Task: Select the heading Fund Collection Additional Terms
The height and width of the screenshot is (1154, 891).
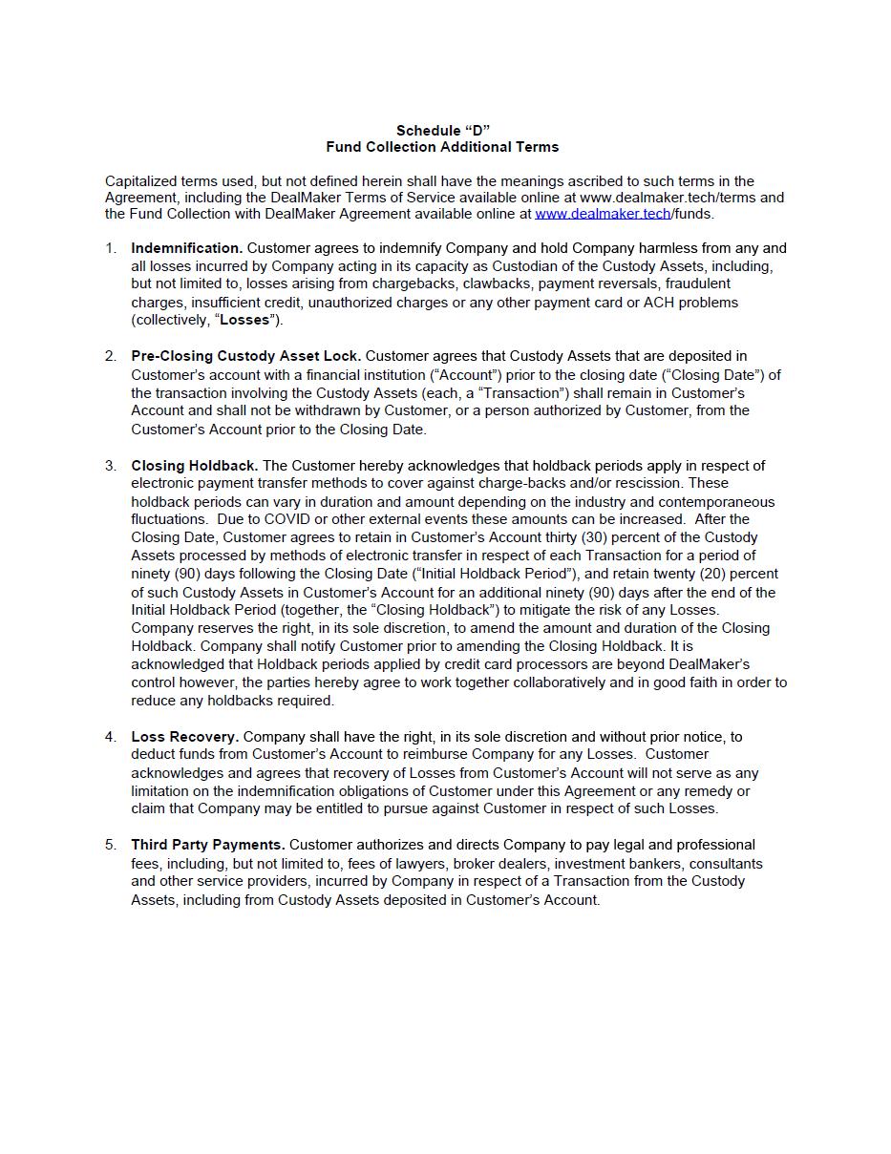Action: tap(442, 147)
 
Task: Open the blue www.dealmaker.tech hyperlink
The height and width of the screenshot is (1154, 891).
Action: tap(603, 214)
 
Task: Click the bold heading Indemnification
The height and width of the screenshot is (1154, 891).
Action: tap(187, 248)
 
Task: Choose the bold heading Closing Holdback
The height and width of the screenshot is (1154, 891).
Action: tap(195, 466)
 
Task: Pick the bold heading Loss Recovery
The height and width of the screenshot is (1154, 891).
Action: tap(185, 737)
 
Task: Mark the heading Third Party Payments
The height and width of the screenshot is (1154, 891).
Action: tap(208, 845)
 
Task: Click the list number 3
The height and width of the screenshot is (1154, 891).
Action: tap(111, 466)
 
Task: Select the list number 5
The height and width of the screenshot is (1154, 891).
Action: tap(111, 845)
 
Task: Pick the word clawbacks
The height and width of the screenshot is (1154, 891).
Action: tap(495, 283)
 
